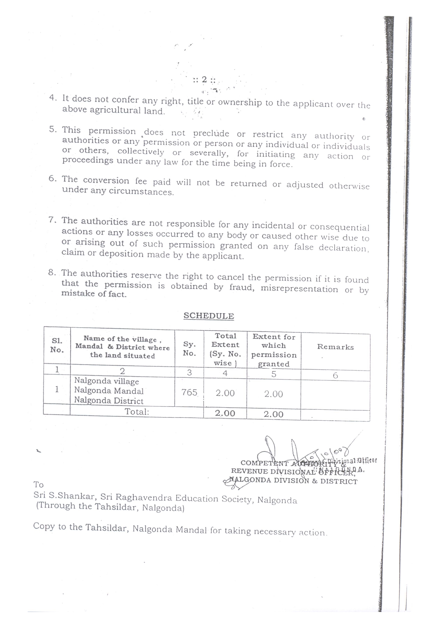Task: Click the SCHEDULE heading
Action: click(209, 316)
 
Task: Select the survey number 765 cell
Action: click(189, 392)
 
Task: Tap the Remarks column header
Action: click(335, 347)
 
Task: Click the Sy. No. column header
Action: click(189, 349)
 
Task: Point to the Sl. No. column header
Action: click(57, 345)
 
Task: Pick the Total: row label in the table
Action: click(137, 412)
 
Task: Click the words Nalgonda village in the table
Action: click(106, 381)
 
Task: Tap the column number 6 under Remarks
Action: click(335, 376)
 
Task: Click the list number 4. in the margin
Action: click(53, 97)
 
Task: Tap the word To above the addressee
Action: click(38, 485)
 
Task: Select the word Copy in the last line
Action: click(44, 526)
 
